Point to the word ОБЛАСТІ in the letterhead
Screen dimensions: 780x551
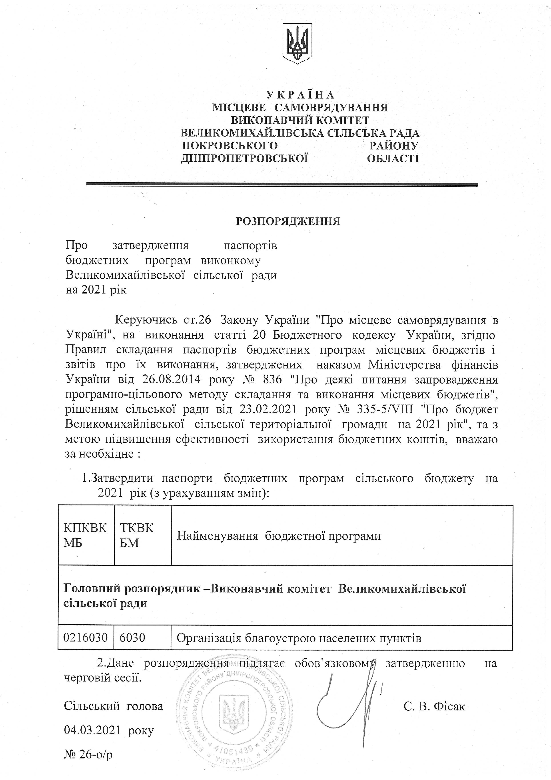(x=393, y=158)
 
